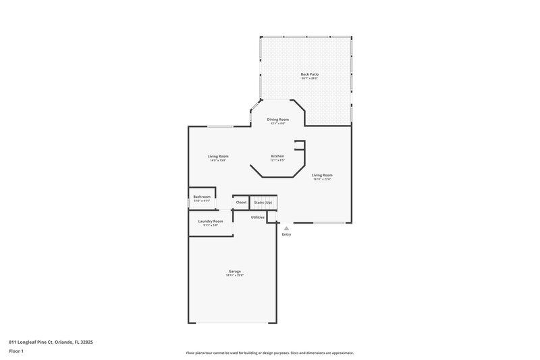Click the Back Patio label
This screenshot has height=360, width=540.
[309, 74]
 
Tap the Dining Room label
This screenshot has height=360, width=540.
[277, 119]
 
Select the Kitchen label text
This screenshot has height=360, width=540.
[277, 156]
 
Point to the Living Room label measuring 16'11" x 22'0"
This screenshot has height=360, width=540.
[322, 175]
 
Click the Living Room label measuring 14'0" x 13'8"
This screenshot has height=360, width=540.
[217, 156]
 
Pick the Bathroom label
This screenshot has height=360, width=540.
[202, 197]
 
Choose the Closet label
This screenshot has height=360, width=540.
[241, 203]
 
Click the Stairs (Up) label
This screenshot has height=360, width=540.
[263, 203]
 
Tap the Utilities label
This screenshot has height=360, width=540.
[258, 217]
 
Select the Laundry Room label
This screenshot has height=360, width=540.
[211, 221]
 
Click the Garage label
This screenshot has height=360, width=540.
[234, 271]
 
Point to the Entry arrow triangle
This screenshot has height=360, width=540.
[286, 228]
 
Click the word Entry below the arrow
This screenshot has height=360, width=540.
[286, 234]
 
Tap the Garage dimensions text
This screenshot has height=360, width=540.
[234, 276]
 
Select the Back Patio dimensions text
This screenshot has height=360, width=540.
[309, 78]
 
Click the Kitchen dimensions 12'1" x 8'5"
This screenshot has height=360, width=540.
[277, 161]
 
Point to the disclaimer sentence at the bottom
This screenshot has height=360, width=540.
[270, 353]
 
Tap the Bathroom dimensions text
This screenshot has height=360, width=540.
[202, 201]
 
